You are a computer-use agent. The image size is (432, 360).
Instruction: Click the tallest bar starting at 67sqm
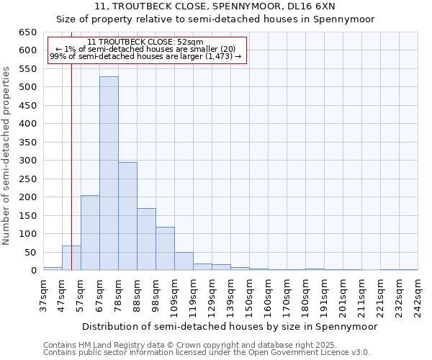[x=109, y=174]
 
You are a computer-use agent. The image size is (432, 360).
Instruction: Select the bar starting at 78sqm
[x=127, y=216]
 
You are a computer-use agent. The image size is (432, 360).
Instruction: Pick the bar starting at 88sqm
[x=146, y=239]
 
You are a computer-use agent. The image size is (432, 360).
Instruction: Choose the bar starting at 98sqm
[x=165, y=248]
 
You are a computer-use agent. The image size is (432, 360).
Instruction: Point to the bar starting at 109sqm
[x=184, y=261]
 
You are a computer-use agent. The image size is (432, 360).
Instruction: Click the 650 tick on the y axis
[x=27, y=32]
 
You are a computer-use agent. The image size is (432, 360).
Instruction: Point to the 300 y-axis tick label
[x=27, y=161]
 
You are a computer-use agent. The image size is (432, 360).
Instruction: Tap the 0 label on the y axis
[x=33, y=271]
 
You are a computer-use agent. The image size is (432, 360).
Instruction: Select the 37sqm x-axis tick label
[x=43, y=294]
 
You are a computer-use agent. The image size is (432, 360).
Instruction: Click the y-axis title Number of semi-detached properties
[x=6, y=156]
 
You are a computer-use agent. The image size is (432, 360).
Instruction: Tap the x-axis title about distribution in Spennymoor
[x=230, y=326]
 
